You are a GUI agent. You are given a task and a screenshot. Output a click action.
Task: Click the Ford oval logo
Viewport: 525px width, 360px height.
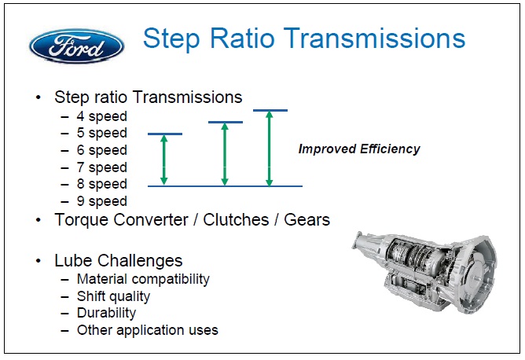tap(77, 46)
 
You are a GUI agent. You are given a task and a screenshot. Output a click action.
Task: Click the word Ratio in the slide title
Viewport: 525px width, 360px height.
tap(242, 39)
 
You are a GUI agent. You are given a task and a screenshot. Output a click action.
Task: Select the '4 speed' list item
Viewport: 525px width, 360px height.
tap(102, 116)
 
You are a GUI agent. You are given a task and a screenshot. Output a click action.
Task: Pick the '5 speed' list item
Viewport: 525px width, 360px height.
tap(102, 133)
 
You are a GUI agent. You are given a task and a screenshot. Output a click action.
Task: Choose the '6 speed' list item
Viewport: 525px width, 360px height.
tap(102, 150)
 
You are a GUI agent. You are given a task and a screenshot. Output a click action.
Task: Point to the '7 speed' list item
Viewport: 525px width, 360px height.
tap(102, 167)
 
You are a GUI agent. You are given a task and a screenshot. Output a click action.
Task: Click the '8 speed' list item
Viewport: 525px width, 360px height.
tap(102, 184)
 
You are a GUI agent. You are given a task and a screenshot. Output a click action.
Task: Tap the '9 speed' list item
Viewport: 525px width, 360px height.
tap(102, 201)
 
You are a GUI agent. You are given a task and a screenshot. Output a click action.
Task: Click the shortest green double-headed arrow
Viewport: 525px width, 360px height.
tap(163, 160)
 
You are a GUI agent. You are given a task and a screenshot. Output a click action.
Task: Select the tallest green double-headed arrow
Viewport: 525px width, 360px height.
tap(270, 148)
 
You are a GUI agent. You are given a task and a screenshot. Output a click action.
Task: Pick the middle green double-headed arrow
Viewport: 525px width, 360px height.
tap(225, 154)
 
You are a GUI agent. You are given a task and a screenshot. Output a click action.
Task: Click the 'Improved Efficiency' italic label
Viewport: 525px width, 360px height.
tap(359, 149)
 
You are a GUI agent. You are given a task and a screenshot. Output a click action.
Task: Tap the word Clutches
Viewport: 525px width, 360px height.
tap(236, 220)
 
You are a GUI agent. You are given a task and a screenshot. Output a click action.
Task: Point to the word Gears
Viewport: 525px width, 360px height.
tap(307, 220)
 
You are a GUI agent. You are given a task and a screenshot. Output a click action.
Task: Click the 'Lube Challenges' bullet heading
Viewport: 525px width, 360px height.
tap(118, 261)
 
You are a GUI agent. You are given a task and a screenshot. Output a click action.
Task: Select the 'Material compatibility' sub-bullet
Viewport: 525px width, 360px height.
tap(143, 279)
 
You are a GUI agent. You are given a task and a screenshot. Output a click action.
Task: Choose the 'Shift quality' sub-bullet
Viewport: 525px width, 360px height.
tap(113, 296)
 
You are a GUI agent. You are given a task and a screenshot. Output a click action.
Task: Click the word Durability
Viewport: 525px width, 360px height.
tap(106, 313)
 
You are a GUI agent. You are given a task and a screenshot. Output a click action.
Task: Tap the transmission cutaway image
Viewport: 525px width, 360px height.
tap(424, 272)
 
